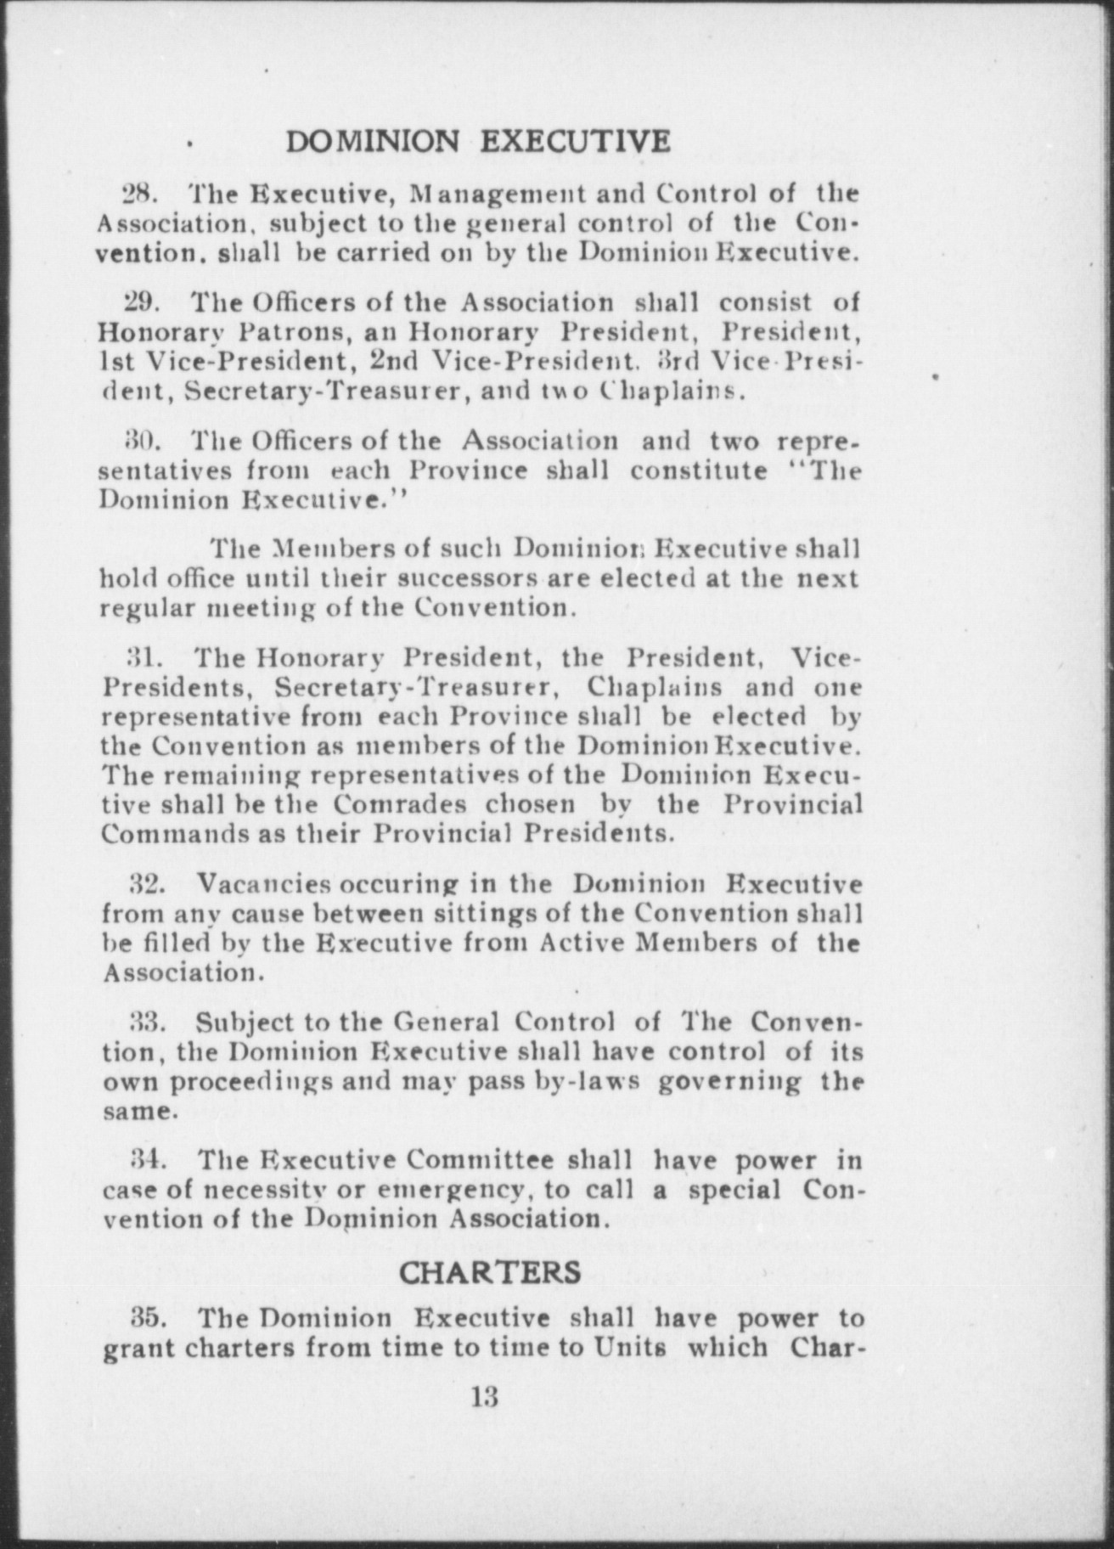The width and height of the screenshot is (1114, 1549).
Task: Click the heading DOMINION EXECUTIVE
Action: [x=478, y=141]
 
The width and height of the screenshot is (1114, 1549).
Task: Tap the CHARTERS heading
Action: [x=490, y=1271]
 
